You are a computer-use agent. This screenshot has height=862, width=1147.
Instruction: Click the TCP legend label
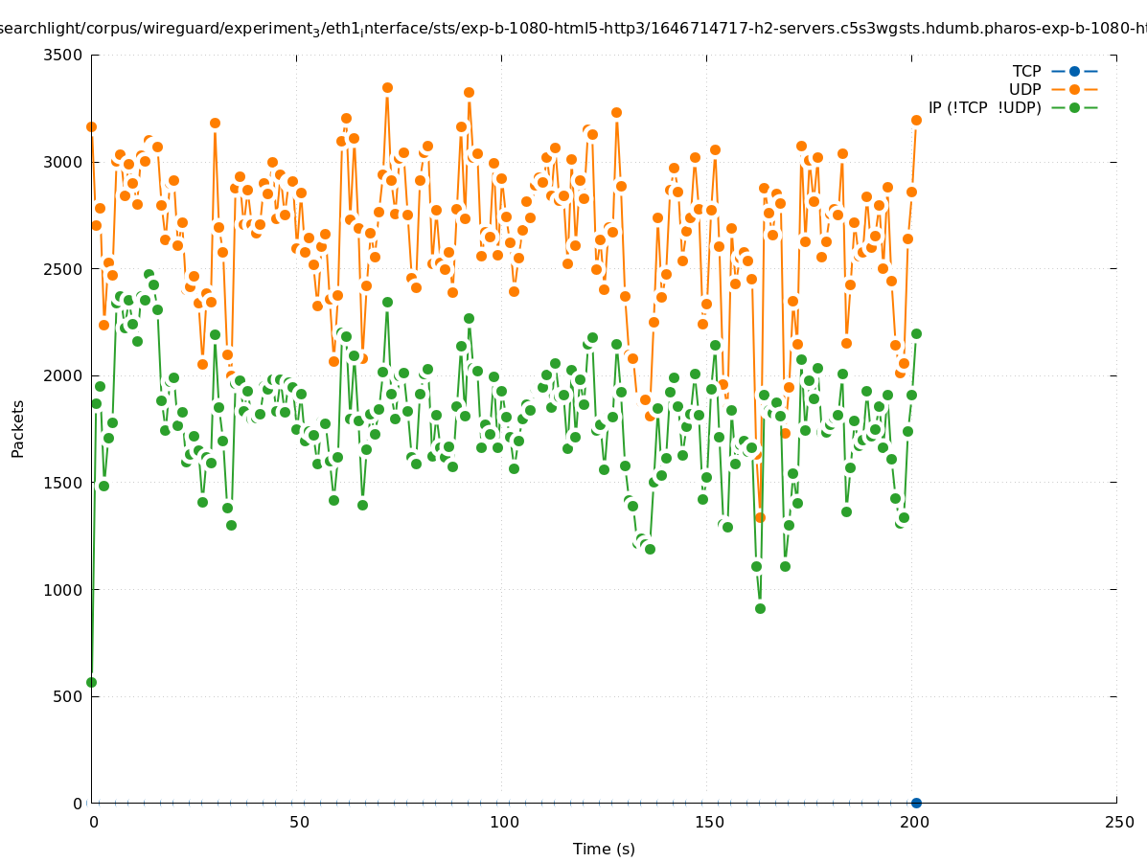[1026, 71]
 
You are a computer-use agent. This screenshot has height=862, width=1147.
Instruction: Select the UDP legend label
[1024, 89]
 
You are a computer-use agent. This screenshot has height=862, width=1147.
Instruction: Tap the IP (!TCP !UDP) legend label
[984, 107]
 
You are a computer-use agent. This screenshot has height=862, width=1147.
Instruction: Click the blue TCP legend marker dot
[1074, 71]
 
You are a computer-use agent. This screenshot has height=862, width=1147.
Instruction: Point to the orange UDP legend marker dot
[1074, 89]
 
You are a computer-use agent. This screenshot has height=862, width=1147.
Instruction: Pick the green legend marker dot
[1074, 107]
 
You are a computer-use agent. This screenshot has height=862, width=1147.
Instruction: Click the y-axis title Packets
[18, 428]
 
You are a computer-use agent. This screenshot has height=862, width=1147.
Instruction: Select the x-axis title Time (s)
[604, 849]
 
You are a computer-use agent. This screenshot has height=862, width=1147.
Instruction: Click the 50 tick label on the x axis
[299, 822]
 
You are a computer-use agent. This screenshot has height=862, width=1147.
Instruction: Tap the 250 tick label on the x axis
[1118, 822]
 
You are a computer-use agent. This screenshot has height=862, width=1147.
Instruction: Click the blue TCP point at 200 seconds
[916, 803]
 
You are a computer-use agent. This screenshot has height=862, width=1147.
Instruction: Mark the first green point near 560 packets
[91, 682]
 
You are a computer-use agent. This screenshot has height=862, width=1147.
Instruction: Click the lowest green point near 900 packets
[760, 608]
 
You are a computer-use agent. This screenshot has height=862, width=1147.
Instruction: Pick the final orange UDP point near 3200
[916, 120]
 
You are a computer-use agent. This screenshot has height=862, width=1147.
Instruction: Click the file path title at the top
[573, 29]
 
